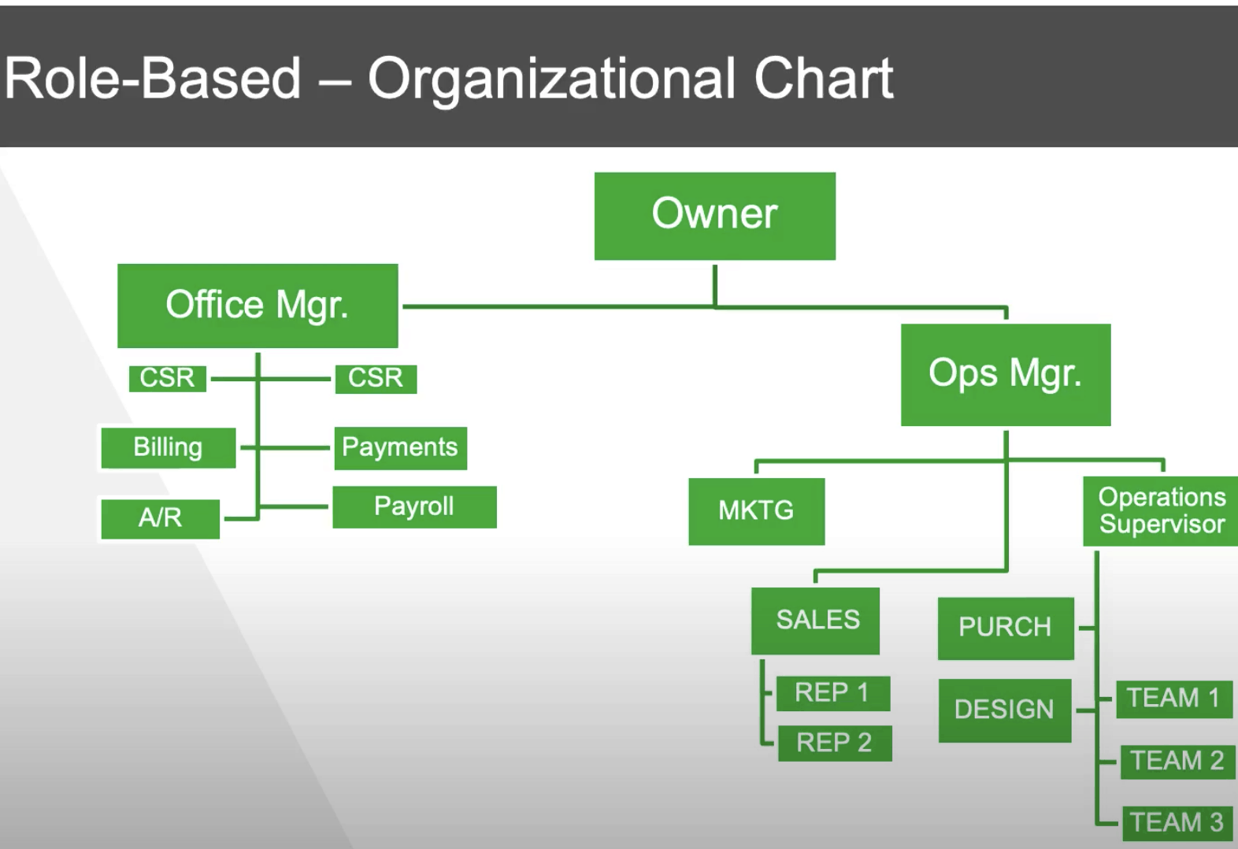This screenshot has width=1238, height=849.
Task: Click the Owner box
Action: pos(714,216)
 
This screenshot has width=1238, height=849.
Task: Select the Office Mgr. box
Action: pos(258,306)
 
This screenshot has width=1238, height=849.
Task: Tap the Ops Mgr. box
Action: pos(1006,375)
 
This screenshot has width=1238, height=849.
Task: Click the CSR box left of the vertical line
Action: pos(168,379)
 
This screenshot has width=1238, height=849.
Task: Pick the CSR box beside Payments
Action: pos(376,379)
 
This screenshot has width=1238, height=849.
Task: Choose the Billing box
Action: pos(169,447)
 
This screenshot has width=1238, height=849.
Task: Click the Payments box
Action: pos(401,448)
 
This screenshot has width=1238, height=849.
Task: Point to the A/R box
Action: pos(161,519)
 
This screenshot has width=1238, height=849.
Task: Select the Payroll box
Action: pos(414,507)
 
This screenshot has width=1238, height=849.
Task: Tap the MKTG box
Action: pos(757,511)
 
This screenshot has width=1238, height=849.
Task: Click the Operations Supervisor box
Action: pos(1161,511)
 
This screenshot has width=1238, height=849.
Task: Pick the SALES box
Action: pos(815,621)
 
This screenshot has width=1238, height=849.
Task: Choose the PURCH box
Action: pos(1006,628)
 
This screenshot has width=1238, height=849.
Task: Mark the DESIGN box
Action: pos(1005,710)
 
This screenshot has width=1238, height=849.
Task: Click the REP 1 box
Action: pos(833,693)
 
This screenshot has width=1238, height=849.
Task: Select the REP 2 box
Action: pos(835,743)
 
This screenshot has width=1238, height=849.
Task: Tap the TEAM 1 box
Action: pos(1174,699)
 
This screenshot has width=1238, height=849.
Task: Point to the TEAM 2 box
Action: pos(1178,762)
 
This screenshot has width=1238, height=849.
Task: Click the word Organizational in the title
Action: pos(551,80)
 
